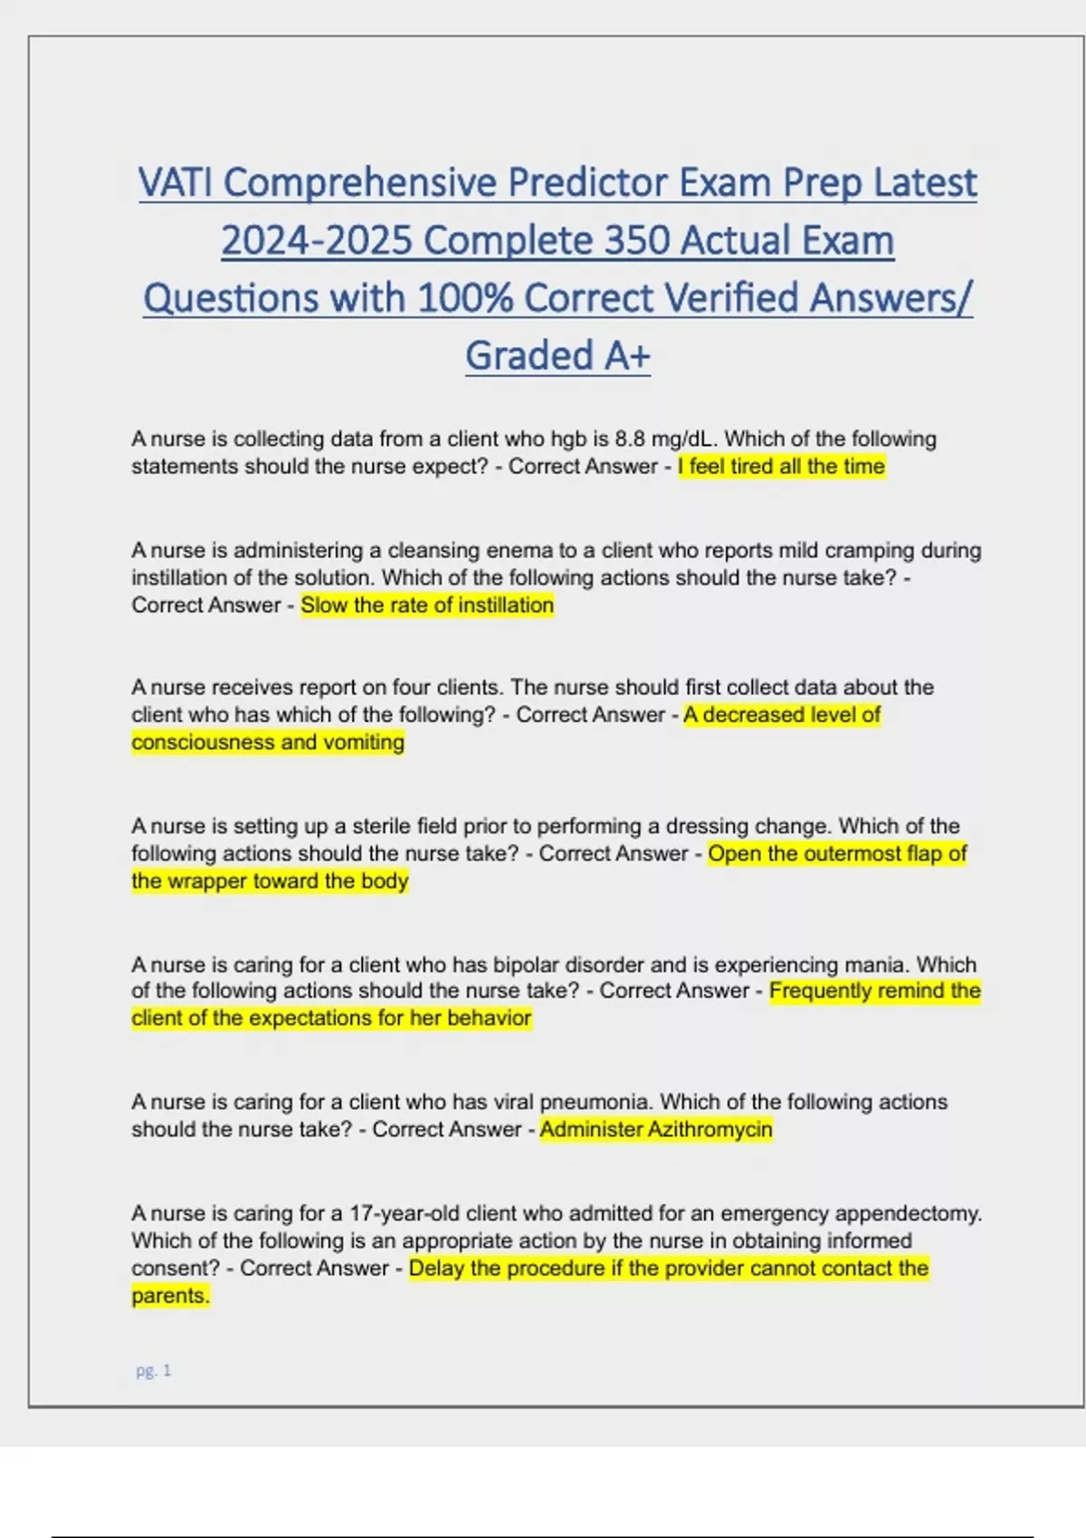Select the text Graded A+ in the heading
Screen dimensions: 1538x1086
point(557,356)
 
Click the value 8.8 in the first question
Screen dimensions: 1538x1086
point(630,439)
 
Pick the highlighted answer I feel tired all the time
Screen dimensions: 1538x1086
point(781,467)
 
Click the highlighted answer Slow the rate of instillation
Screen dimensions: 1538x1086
point(427,605)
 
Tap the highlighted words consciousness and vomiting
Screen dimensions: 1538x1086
point(268,742)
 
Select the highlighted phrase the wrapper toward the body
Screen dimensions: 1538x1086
point(270,881)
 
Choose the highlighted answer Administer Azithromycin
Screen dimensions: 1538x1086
point(656,1129)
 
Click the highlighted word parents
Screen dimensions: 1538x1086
point(170,1296)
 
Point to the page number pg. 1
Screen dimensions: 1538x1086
point(153,1371)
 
